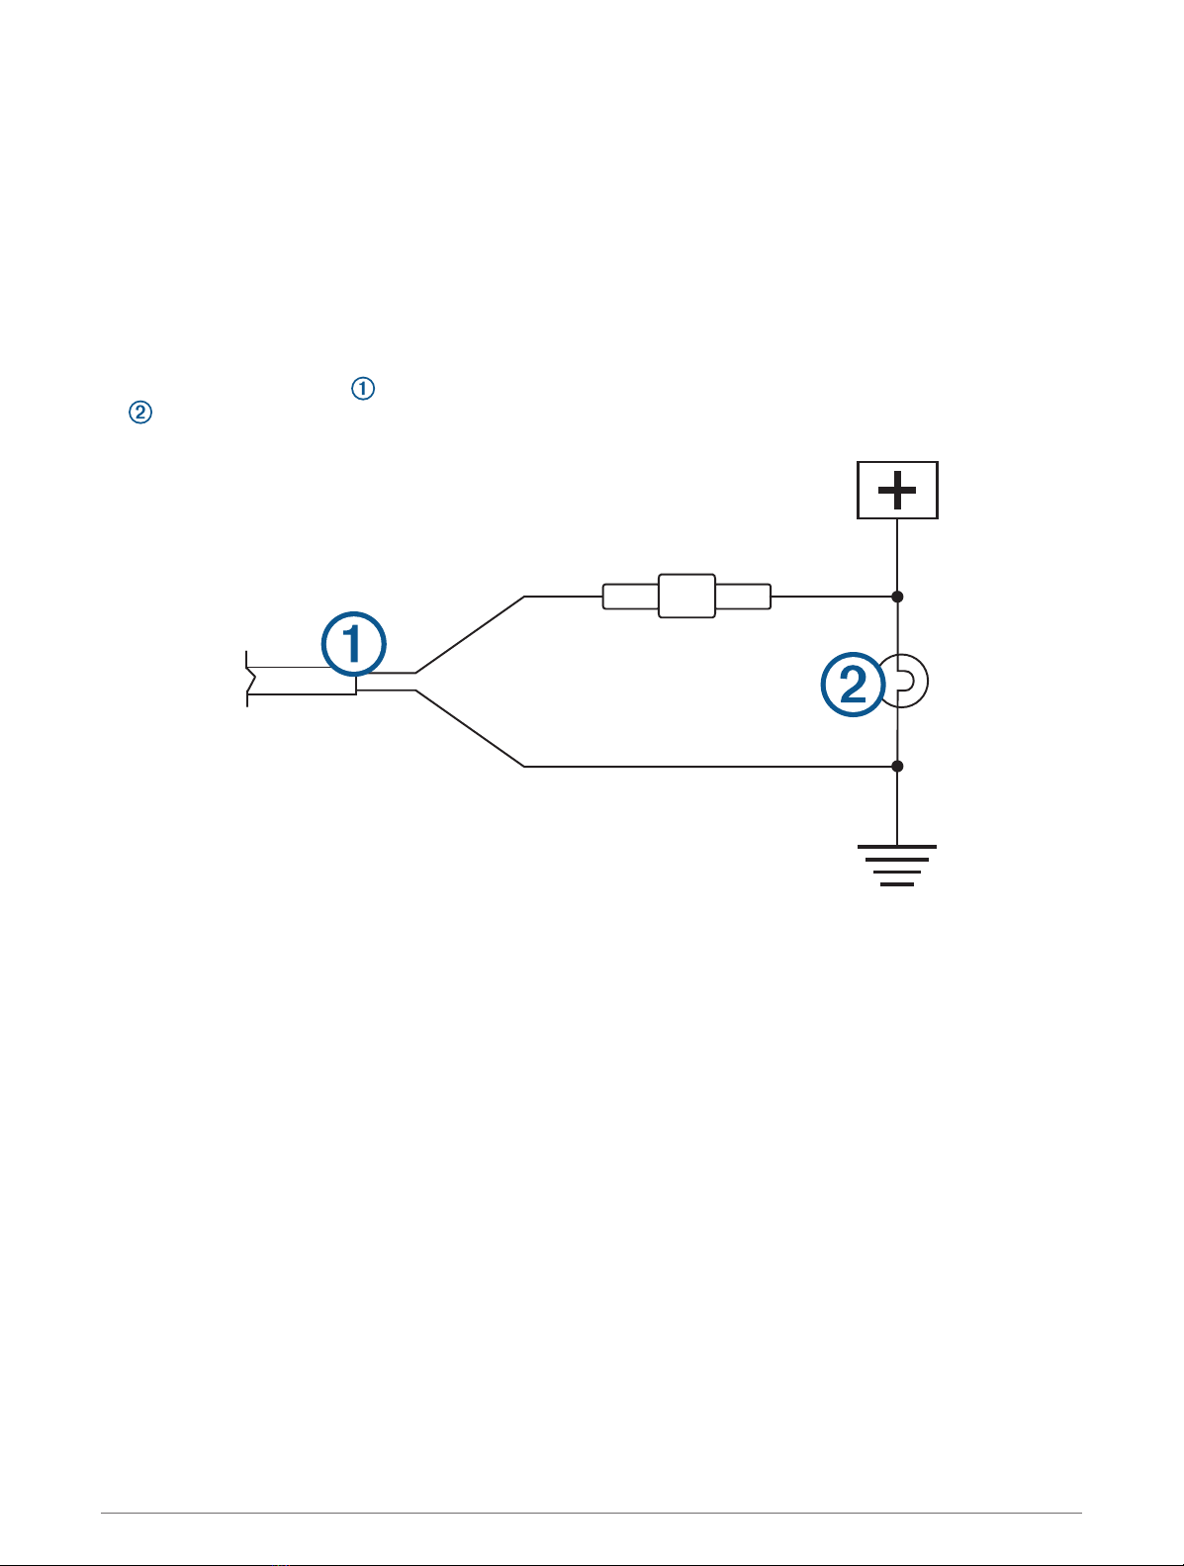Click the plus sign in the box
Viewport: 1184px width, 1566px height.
pos(896,490)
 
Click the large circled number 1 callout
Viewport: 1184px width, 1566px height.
pos(354,647)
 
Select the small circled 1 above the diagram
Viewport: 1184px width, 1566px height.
pos(363,390)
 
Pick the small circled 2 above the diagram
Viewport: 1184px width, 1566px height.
pos(140,414)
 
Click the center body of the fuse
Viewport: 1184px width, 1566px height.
pos(686,597)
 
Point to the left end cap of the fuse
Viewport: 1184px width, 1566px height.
pos(630,597)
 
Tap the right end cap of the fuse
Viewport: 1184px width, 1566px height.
pos(743,597)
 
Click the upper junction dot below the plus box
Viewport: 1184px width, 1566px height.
pos(897,597)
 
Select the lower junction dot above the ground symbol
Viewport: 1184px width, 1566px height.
pos(897,766)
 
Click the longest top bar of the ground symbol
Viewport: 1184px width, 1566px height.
pos(896,847)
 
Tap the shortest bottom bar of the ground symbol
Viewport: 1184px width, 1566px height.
pos(896,883)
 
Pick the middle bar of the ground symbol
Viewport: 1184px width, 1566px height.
pos(896,866)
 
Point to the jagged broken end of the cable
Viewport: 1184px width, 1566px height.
pos(249,681)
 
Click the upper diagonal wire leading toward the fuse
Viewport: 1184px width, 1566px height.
pos(470,634)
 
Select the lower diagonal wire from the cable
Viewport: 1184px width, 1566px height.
pos(470,728)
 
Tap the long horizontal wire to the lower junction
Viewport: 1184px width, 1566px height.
pos(707,766)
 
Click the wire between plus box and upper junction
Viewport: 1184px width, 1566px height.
pos(897,556)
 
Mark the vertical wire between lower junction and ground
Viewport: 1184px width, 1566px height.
pos(897,806)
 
